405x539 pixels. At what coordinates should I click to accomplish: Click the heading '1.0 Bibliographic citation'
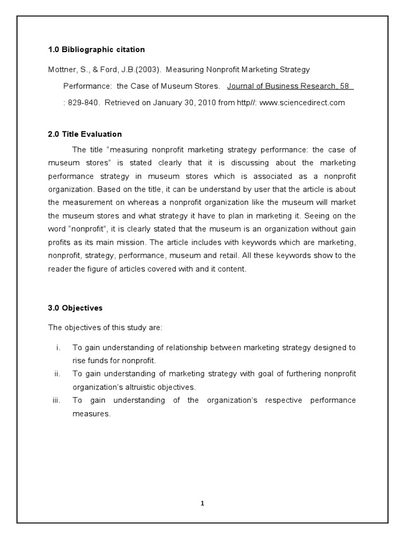pyautogui.click(x=96, y=49)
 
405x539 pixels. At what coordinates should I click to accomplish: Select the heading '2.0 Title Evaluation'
pyautogui.click(x=85, y=134)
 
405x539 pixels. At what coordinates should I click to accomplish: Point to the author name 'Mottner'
pyautogui.click(x=62, y=69)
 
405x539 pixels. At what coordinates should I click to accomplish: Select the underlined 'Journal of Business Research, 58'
pyautogui.click(x=290, y=86)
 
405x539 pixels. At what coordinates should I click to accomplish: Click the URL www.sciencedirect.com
pyautogui.click(x=302, y=103)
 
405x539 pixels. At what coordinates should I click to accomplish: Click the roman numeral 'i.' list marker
pyautogui.click(x=58, y=347)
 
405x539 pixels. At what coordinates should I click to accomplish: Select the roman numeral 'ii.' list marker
pyautogui.click(x=57, y=374)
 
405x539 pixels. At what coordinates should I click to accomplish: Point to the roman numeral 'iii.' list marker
pyautogui.click(x=57, y=401)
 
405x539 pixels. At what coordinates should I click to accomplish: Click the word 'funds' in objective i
pyautogui.click(x=102, y=361)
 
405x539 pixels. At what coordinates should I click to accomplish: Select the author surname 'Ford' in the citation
pyautogui.click(x=101, y=69)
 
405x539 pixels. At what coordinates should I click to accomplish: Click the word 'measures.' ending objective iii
pyautogui.click(x=91, y=414)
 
